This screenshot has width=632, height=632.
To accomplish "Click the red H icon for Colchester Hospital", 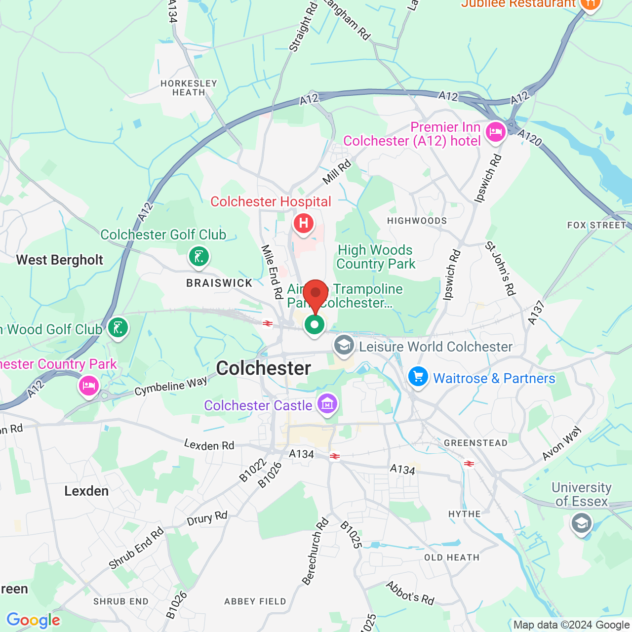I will coord(303,224).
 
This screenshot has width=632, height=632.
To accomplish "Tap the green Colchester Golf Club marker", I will coord(198,257).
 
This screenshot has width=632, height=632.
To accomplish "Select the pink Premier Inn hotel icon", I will coord(495,132).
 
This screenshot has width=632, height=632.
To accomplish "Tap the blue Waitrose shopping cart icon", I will coord(418,377).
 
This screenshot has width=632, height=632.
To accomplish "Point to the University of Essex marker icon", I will coord(581,523).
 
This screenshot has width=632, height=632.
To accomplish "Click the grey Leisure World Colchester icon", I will coord(344,345).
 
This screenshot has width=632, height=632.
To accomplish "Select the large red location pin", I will coord(316,295).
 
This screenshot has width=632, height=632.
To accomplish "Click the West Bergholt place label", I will coord(60,260).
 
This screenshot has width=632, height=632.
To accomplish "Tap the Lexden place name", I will coord(86,491).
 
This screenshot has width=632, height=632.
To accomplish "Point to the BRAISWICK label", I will coord(219,283).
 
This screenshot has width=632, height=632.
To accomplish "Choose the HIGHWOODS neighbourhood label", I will coord(417,221).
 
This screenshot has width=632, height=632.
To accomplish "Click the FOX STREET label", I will coord(596,225).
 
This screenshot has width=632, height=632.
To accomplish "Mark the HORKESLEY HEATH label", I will coord(189,88).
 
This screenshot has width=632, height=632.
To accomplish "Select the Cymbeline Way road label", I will coord(171,386).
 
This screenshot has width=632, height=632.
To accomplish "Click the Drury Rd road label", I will coord(207,519).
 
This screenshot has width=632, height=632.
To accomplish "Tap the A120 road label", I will coord(529,137).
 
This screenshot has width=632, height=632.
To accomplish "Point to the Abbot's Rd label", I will coord(410,593).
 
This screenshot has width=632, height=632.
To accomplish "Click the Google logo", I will coord(34,620).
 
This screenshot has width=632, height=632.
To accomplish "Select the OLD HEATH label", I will coord(452,557).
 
